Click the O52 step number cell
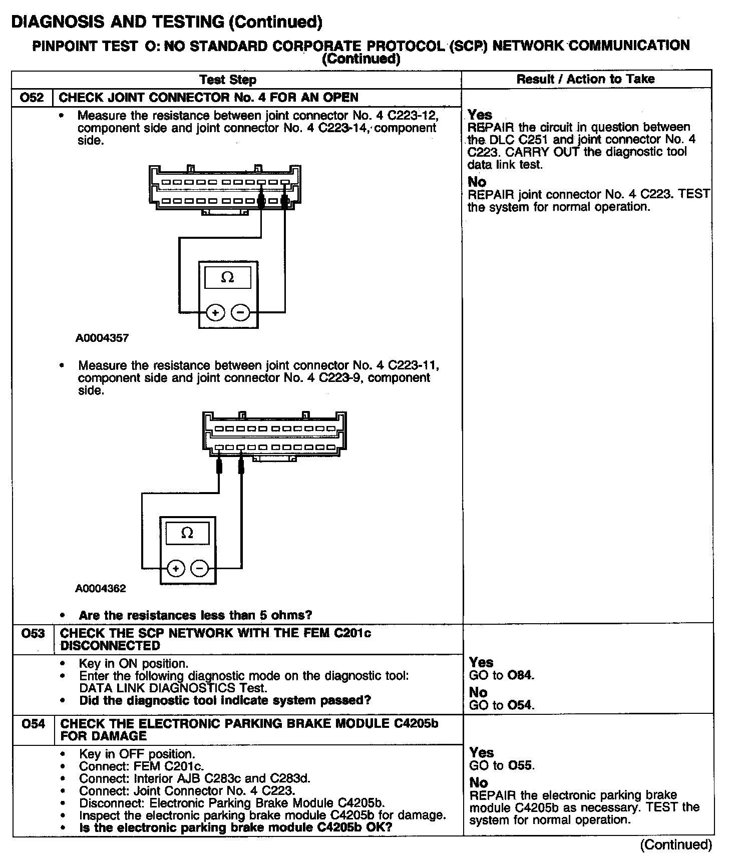point(32,97)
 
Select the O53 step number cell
point(33,633)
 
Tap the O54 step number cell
point(33,723)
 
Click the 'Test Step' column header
point(228,80)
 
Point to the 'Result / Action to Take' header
point(585,79)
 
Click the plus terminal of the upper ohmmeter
point(215,313)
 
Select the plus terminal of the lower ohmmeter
point(175,569)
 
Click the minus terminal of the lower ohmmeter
point(200,569)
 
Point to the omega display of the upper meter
point(228,277)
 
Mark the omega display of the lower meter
point(187,533)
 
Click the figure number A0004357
point(102,338)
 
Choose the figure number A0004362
point(101,588)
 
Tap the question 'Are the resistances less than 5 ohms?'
point(195,615)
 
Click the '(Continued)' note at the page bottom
point(676,844)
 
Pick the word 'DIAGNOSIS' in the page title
point(56,22)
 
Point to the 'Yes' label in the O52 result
point(480,115)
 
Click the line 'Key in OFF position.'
point(137,753)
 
